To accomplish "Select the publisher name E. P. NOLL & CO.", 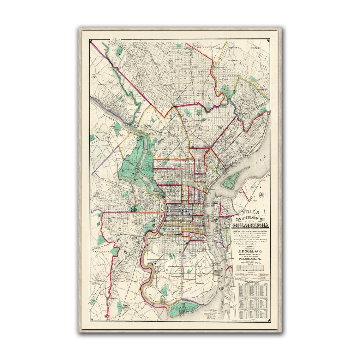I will pyautogui.click(x=250, y=243).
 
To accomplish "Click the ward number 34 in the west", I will pyautogui.click(x=107, y=185).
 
